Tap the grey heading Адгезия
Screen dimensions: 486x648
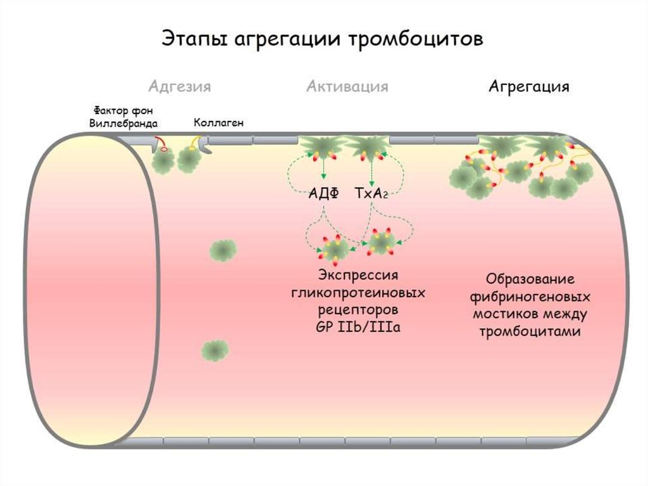click(180, 86)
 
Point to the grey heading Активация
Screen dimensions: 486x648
click(347, 86)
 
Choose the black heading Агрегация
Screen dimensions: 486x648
click(529, 86)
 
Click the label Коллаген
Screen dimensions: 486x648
click(218, 123)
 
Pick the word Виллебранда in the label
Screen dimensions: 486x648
click(124, 124)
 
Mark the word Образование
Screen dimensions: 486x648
click(530, 279)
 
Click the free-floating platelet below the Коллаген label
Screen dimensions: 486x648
click(223, 250)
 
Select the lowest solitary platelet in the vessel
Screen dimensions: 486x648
click(215, 349)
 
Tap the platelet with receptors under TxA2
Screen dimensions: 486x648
click(382, 243)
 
